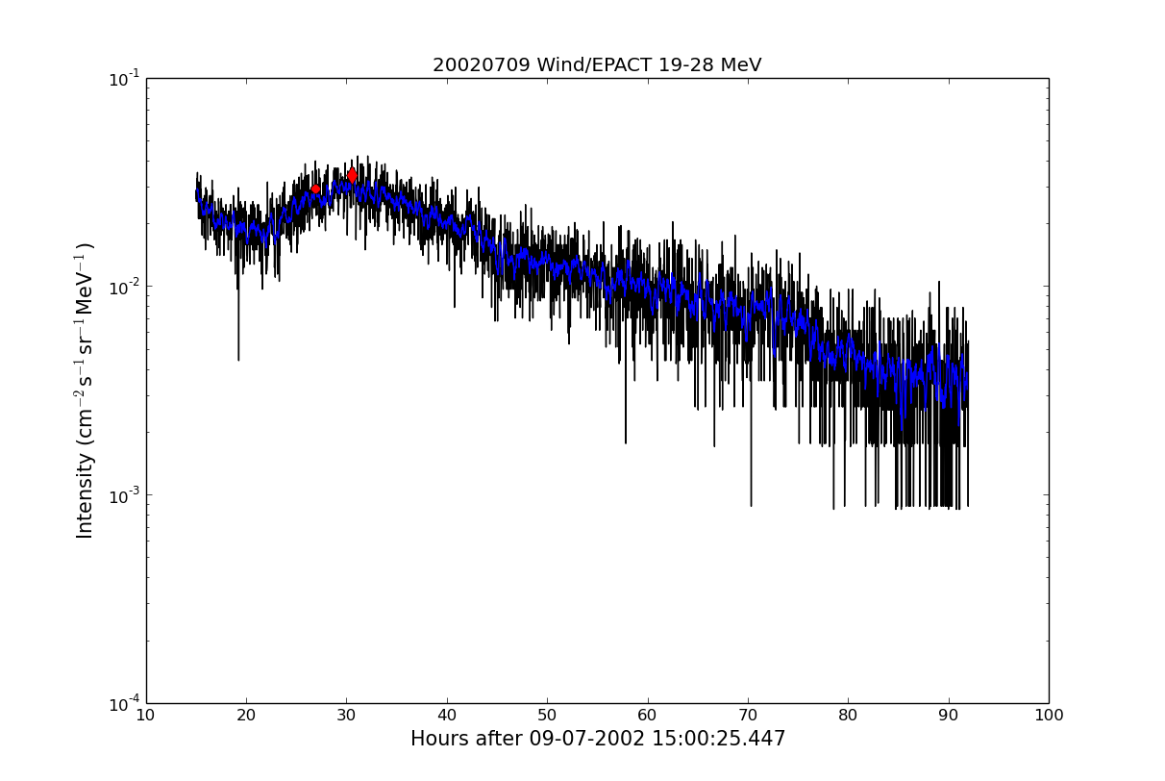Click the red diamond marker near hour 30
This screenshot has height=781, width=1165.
352,175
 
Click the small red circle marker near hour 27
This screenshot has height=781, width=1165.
315,189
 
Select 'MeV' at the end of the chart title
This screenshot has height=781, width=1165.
741,65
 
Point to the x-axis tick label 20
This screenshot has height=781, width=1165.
246,716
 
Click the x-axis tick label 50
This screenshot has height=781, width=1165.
547,716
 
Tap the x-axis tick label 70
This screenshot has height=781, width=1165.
748,716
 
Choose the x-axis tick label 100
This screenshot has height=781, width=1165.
1048,716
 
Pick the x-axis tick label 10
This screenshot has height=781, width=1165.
146,716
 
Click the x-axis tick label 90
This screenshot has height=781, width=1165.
949,716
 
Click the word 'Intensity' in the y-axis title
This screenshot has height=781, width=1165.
86,494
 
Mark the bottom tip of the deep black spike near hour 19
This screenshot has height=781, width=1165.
238,360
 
